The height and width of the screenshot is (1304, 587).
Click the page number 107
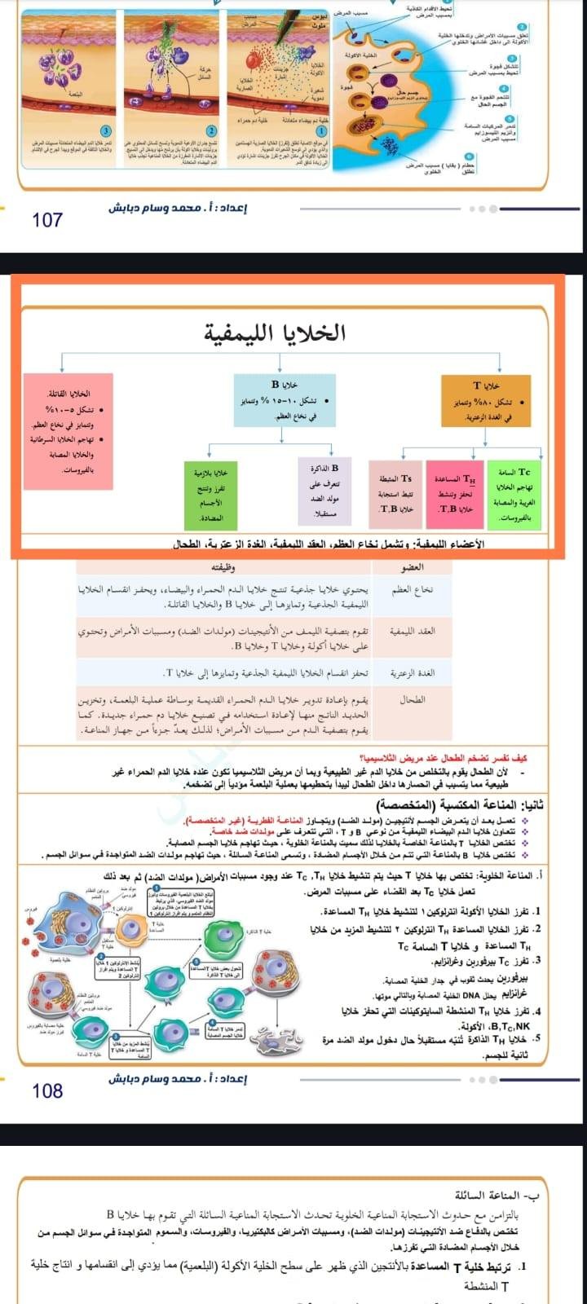pos(47,219)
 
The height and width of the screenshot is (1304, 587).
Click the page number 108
pos(47,1090)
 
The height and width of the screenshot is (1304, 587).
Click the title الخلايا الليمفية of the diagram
pos(286,333)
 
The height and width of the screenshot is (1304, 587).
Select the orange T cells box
pos(485,401)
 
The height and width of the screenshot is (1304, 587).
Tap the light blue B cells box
pos(285,399)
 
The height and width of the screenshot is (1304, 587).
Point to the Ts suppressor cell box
pos(396,493)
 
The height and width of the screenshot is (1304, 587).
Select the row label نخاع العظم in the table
pos(416,590)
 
